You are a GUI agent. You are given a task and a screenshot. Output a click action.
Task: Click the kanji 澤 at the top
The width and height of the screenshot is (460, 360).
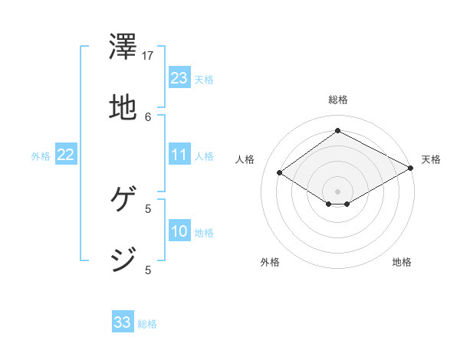123,50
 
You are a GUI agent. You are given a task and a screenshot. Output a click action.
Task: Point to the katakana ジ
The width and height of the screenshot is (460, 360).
123,258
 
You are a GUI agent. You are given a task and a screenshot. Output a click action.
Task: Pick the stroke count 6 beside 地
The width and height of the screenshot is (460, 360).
149,116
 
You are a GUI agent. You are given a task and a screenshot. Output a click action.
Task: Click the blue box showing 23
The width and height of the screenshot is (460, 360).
179,78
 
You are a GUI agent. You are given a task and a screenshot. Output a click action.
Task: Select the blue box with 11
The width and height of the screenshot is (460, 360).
179,155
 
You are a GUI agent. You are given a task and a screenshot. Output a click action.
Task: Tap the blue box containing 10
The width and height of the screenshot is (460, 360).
179,231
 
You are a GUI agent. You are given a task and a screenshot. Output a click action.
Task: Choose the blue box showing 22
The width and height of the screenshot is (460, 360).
66,155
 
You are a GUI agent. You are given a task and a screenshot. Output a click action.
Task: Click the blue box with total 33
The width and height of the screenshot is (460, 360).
123,322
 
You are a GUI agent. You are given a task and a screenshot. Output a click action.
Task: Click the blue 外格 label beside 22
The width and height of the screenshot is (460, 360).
41,156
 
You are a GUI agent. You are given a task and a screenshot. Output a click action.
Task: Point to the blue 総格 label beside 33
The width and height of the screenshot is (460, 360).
147,324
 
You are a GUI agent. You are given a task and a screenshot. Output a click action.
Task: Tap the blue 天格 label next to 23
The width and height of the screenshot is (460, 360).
204,80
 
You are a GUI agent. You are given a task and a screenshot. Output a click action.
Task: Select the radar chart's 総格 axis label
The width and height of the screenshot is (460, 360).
337,100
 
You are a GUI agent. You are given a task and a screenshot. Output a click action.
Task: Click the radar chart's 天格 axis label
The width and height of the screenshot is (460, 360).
431,159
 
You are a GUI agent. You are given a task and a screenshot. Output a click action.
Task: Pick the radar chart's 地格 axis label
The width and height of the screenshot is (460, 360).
402,263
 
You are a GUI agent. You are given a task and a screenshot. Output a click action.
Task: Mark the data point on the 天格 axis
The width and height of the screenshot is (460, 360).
412,168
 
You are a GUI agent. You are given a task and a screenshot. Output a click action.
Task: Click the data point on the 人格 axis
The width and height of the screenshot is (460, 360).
280,173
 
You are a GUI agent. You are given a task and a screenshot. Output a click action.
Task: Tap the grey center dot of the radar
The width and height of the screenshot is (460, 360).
337,191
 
